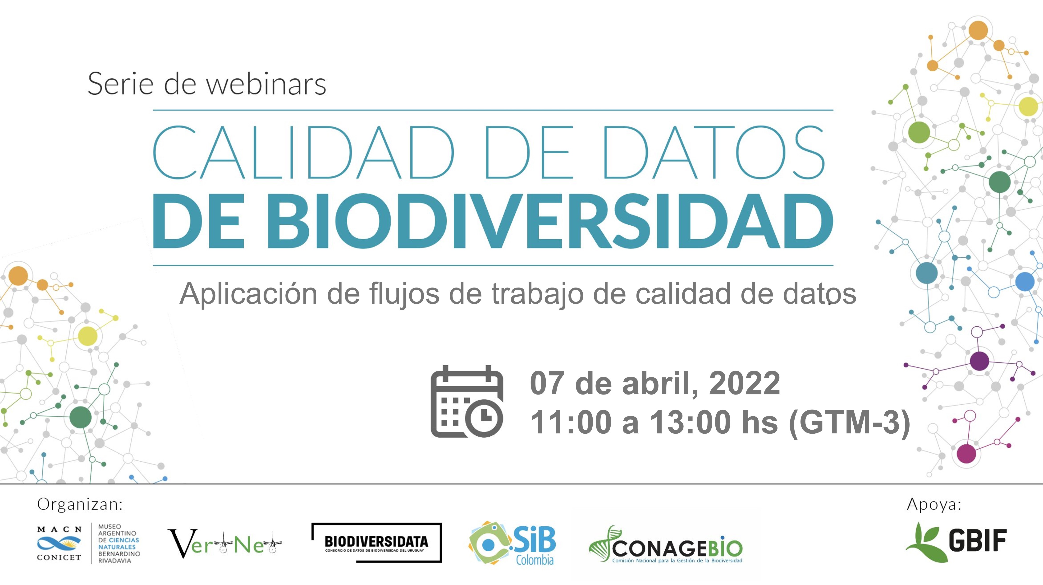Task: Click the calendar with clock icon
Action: tap(467, 401)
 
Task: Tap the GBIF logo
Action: tap(956, 542)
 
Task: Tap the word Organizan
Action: tap(80, 504)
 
